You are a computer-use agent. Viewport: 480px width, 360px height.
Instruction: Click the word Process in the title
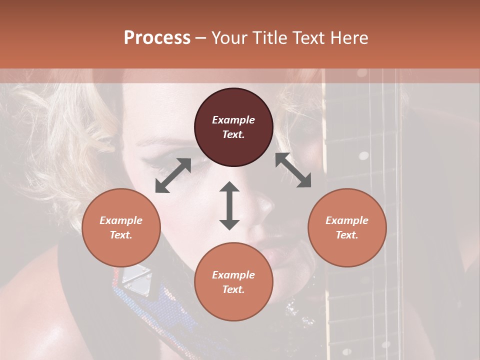click(157, 38)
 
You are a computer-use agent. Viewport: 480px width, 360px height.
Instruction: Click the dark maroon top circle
click(233, 127)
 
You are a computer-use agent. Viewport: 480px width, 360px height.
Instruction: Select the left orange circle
click(121, 227)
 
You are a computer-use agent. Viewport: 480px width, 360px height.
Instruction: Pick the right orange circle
click(347, 227)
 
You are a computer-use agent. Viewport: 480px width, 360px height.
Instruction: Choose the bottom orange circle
click(233, 282)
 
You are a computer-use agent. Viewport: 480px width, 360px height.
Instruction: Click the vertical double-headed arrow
click(229, 205)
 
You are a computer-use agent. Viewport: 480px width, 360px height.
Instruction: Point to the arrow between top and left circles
click(173, 175)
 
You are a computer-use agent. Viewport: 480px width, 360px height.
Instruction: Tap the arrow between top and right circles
click(293, 170)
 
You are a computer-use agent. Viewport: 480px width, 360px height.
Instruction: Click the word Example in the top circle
click(233, 120)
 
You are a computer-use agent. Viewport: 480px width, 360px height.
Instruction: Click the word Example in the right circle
click(347, 220)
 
